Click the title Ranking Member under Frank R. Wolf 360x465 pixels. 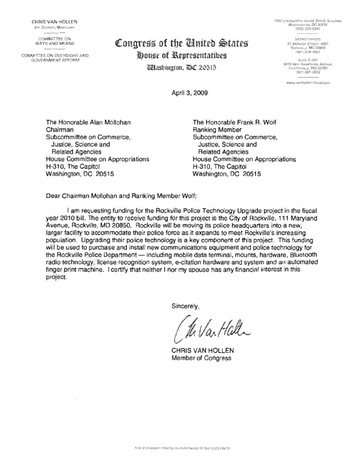click(x=217, y=130)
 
